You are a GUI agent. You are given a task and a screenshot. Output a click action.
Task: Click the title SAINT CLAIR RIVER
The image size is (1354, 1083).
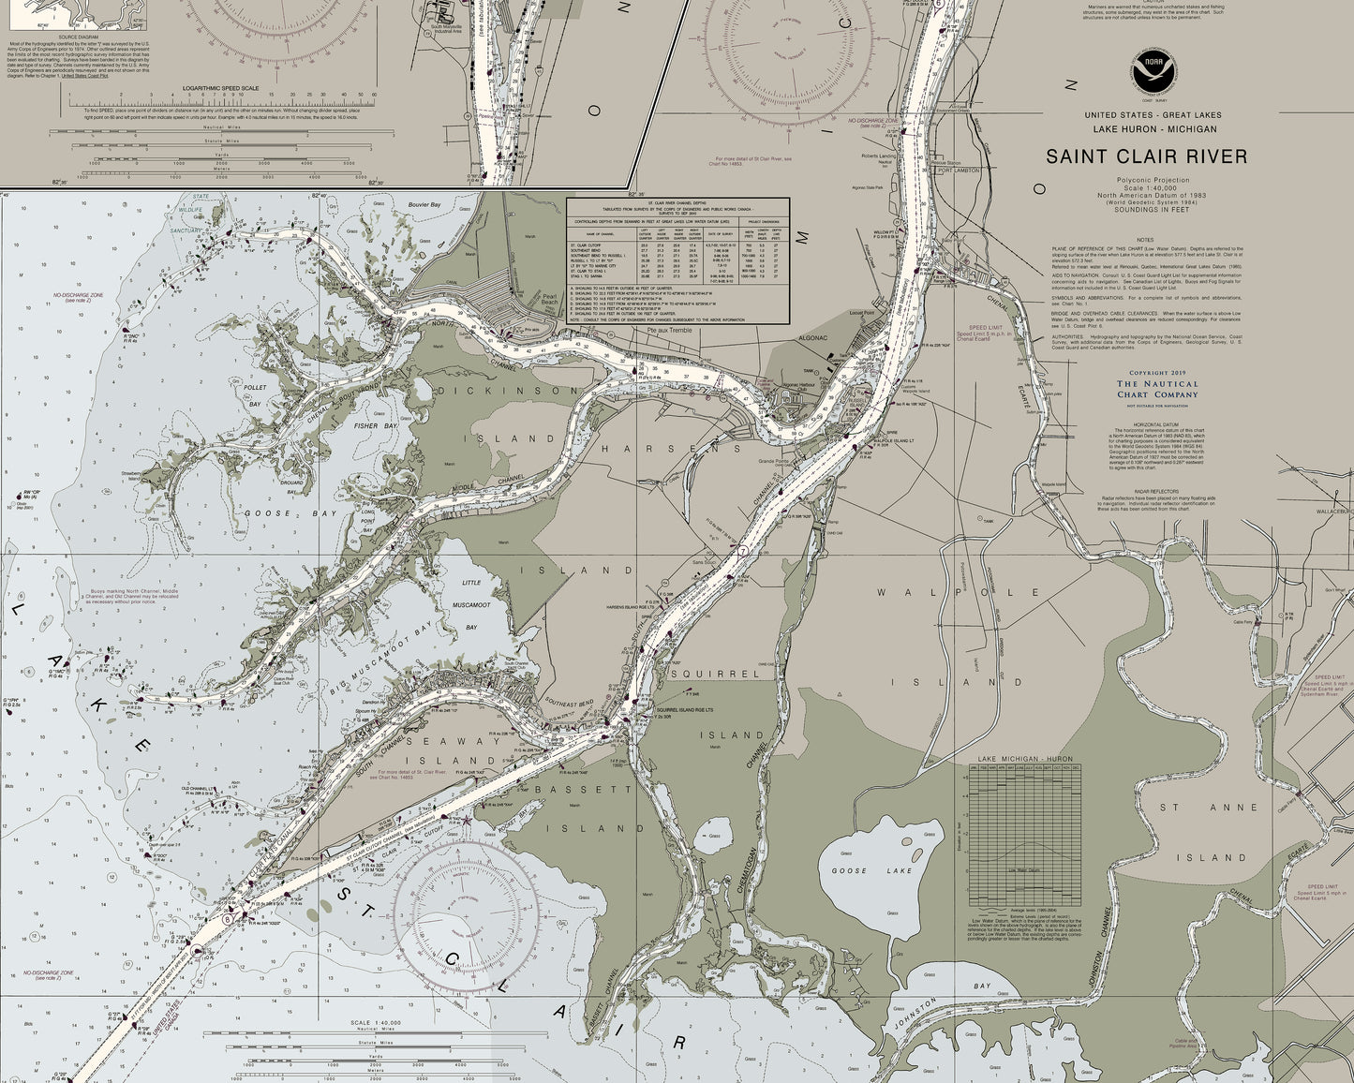coord(1146,156)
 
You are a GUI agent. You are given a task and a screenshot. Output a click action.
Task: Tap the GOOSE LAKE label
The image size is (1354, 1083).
coord(860,870)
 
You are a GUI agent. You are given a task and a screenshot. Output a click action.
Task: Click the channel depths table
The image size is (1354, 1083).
coord(677,261)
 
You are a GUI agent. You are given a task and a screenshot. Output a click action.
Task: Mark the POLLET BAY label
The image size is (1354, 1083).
coord(255,394)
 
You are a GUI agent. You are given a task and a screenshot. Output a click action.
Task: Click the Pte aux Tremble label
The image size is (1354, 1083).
coord(661,330)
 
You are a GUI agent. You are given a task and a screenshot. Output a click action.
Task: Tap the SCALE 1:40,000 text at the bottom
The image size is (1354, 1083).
coord(374,1023)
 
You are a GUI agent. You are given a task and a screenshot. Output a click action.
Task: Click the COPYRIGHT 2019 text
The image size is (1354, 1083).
coord(1156,372)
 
